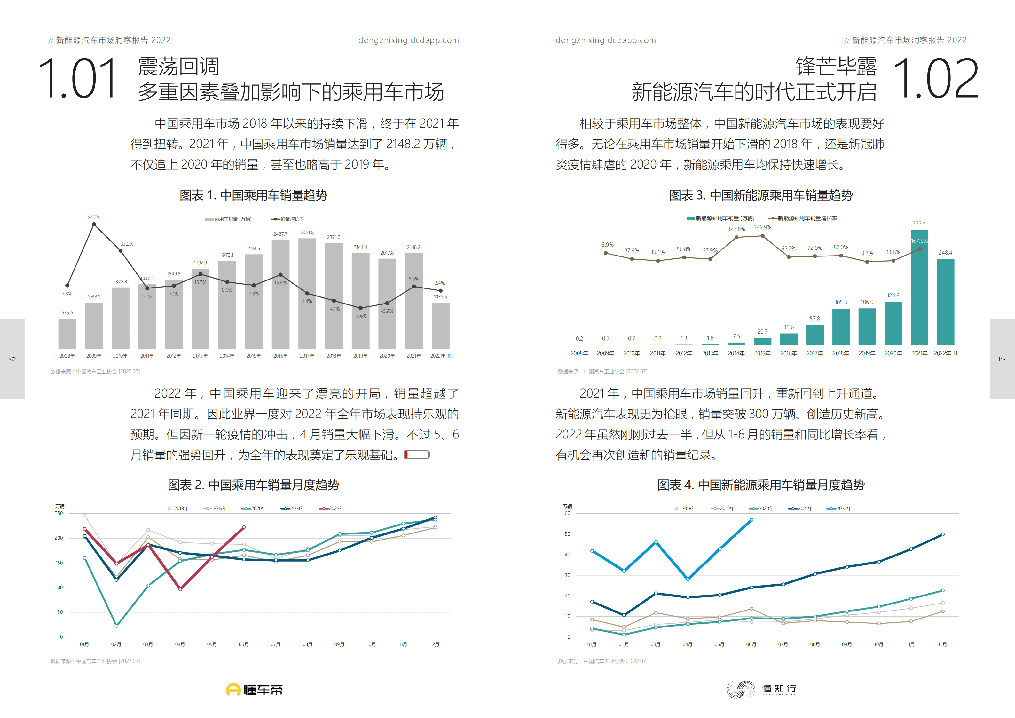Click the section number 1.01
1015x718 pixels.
coord(78,79)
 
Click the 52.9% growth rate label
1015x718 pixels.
coord(94,217)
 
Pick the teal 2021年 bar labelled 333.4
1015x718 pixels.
coord(919,288)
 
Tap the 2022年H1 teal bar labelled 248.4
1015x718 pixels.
coord(945,302)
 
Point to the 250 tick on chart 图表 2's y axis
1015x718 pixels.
coord(59,513)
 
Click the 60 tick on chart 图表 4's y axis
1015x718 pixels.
coord(567,513)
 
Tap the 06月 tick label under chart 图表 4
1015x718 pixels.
coord(751,644)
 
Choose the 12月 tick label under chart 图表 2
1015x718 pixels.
coord(435,644)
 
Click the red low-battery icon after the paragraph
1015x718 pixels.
coord(416,454)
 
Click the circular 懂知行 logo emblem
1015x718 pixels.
coord(741,689)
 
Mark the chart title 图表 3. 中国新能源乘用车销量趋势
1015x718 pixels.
coord(760,195)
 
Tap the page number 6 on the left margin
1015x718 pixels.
coord(12,359)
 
